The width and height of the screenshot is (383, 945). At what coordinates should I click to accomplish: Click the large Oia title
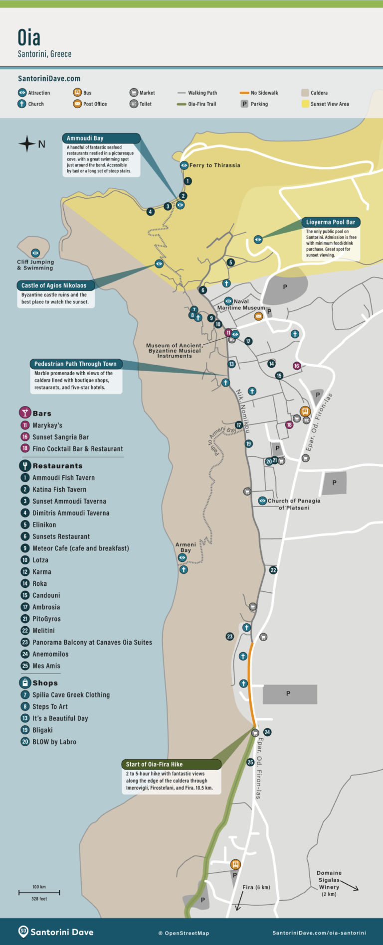point(29,37)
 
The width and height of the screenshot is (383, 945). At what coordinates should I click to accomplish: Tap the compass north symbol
point(27,144)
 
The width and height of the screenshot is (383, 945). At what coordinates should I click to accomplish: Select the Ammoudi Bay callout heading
point(85,138)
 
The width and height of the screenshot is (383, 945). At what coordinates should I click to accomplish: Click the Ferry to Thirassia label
point(214,165)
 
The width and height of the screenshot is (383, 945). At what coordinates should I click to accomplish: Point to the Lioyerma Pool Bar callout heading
point(331,222)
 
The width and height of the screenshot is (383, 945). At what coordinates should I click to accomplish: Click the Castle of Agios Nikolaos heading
point(54,285)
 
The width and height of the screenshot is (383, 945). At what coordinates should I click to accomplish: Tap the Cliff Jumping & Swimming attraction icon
point(35,253)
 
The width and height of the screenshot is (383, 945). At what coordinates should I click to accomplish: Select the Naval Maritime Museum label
point(241,304)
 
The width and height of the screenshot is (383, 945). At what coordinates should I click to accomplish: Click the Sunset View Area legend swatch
point(305,104)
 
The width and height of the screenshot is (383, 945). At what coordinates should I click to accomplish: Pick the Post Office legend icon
point(77,104)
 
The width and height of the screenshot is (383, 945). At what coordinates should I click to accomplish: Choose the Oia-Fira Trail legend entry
point(196,104)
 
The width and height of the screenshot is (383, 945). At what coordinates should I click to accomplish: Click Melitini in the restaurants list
point(43,631)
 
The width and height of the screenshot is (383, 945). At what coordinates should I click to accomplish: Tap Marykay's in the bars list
point(47,425)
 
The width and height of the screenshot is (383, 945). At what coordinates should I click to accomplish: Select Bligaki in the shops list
point(42,730)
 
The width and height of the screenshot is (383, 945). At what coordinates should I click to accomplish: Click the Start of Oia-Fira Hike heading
point(154,764)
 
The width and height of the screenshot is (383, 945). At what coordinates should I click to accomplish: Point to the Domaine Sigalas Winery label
point(329,884)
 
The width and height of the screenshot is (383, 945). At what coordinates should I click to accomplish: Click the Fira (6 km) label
point(256,887)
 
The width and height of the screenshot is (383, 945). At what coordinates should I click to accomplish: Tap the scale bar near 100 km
point(39,892)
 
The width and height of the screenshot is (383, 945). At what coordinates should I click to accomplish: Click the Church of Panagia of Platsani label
point(294,504)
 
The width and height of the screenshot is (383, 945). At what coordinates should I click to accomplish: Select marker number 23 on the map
point(229,636)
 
